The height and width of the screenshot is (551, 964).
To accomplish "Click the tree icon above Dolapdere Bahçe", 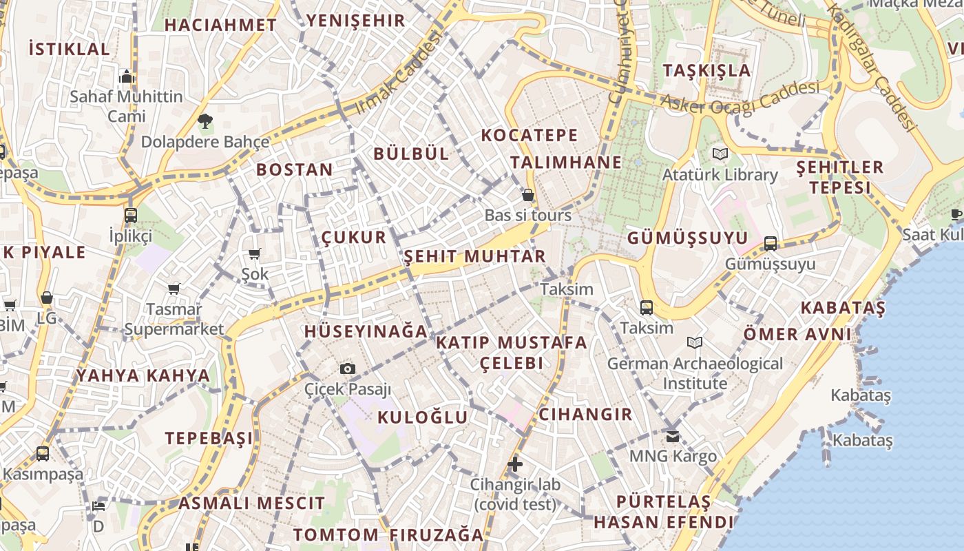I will point(205,122).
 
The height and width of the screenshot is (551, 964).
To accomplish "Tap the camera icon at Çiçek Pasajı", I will point(348,368).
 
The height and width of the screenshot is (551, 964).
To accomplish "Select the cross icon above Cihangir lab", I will point(515,464).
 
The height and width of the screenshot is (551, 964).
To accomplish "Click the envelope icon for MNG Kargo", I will point(673,436).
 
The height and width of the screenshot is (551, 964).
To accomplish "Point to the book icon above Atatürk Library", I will point(720,154).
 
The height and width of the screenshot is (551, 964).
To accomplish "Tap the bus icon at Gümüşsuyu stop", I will point(771,243).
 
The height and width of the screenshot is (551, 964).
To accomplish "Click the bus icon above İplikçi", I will point(131,215).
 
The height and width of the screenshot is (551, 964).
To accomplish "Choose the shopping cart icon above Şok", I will point(255,253).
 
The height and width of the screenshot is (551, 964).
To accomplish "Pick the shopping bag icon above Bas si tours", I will point(528,195).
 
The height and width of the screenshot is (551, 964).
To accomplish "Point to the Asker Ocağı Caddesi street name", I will point(740,97).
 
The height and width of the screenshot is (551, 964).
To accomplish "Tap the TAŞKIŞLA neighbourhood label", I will point(706,70).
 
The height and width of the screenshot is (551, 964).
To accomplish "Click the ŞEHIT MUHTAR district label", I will point(474,257).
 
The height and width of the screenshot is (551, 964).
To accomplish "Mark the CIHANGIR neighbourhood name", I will point(585,414).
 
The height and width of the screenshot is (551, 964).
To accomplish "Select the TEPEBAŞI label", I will point(209,438).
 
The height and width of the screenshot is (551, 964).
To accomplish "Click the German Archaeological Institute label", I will point(695,373).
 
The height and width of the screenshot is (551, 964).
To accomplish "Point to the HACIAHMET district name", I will point(220,25).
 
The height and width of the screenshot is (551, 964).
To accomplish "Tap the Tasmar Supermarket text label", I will point(174,319).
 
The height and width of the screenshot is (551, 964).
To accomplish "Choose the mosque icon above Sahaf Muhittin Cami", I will point(126,76).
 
